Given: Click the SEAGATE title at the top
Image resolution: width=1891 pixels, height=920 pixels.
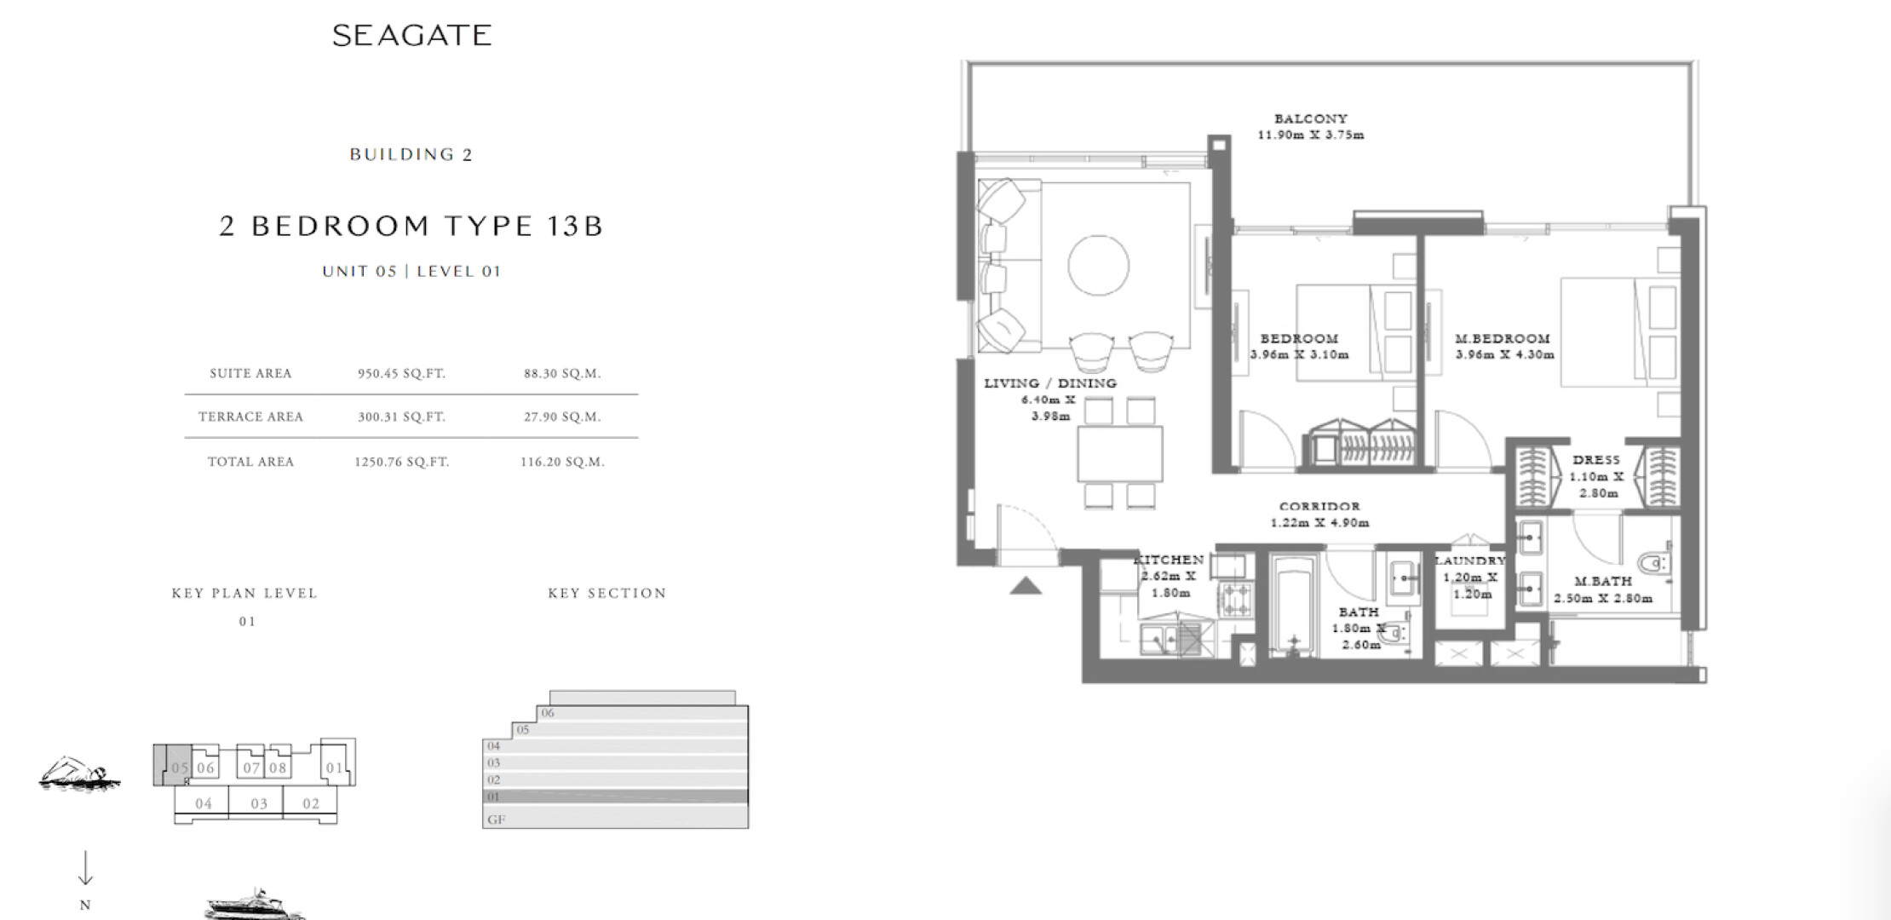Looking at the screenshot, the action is tap(411, 35).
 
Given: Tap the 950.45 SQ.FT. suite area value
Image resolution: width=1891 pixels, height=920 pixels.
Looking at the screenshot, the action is tap(401, 373).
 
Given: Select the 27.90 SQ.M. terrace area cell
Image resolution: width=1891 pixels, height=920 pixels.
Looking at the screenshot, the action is tap(562, 417).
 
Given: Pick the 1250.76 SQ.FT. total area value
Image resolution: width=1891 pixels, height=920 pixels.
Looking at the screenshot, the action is tap(401, 462).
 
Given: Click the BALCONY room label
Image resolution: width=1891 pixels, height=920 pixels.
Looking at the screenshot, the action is tap(1311, 118).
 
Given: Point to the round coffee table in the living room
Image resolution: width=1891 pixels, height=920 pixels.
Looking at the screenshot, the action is tap(1099, 265).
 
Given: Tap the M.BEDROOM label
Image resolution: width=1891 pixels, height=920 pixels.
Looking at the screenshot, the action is tap(1503, 338).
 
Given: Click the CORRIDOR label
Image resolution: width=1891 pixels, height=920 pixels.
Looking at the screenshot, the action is tap(1319, 506).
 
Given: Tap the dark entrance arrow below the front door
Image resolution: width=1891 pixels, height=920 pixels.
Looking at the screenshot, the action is tap(1026, 585).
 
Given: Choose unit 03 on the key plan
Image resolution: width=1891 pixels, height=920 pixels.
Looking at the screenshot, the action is tap(259, 803).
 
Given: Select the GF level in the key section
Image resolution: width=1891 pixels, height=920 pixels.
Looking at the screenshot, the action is tap(615, 819).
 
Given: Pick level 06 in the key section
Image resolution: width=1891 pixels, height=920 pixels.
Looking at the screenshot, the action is tap(643, 713).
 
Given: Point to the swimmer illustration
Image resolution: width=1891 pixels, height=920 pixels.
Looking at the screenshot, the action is tap(79, 773).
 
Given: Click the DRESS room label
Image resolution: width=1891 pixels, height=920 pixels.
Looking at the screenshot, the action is tap(1596, 460).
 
